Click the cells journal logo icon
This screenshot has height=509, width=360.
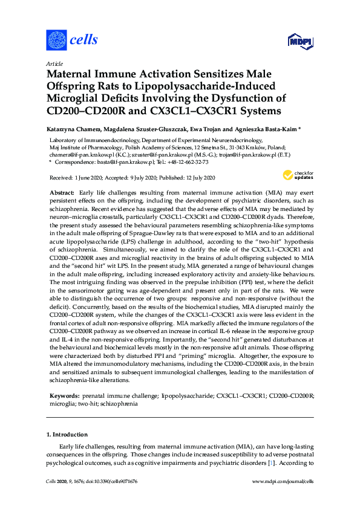click(x=56, y=40)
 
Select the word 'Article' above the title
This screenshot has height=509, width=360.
click(x=54, y=63)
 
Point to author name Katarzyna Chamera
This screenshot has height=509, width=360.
click(x=73, y=129)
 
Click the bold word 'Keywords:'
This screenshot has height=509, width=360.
click(x=64, y=378)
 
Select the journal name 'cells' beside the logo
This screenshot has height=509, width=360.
click(x=84, y=41)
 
